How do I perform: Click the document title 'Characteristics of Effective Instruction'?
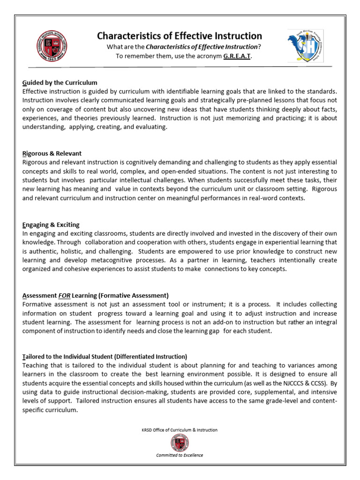tap(180, 36)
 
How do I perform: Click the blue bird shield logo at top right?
tap(305, 46)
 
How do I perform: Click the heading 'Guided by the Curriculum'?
tap(60, 82)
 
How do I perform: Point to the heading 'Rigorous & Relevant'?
tap(52, 153)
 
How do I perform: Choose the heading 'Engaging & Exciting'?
tap(51, 225)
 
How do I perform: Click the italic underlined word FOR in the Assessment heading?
tap(64, 295)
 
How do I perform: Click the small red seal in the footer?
tap(180, 442)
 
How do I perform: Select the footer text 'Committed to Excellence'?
tap(180, 455)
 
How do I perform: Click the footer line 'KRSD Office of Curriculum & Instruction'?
tap(180, 430)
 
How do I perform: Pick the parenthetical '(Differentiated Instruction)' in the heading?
tap(150, 356)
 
